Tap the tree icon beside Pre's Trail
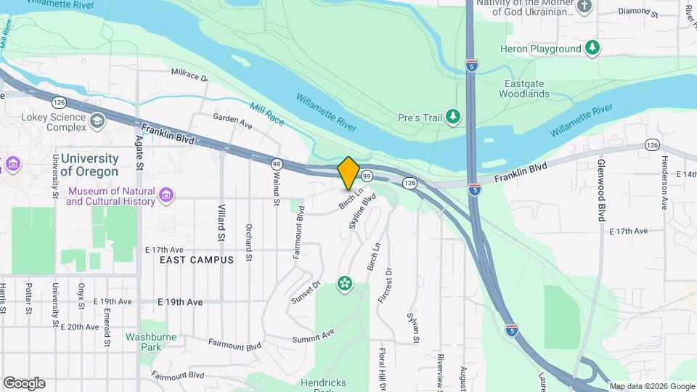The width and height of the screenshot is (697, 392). [455, 116]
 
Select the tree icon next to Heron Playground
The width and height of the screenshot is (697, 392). [594, 49]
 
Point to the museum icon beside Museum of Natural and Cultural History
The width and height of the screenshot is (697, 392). [166, 196]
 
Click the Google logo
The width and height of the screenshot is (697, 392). [24, 383]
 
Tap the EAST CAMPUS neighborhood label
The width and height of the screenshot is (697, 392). [197, 260]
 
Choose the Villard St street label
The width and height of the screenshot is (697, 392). [221, 222]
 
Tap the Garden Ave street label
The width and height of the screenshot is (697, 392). [232, 121]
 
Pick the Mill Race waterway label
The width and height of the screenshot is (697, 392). [266, 115]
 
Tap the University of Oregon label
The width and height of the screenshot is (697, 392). [89, 165]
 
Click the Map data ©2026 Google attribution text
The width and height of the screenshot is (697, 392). [652, 386]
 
